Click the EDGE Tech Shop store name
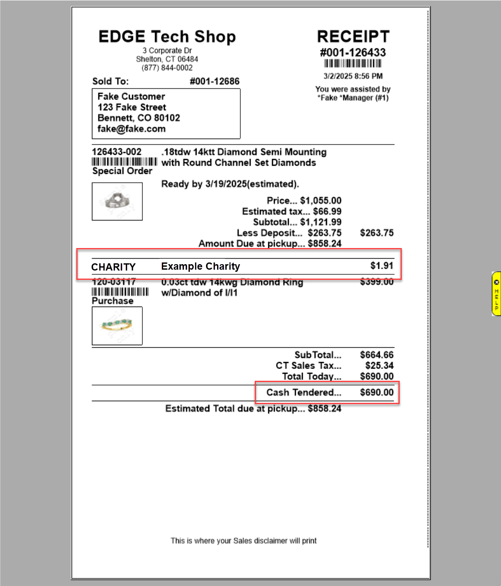pos(167,37)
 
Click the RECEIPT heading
pos(353,36)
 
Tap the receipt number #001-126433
pos(353,53)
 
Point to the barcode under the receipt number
pos(353,64)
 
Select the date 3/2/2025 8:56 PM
pos(353,76)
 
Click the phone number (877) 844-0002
pos(167,68)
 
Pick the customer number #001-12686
pos(214,81)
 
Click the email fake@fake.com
pos(131,129)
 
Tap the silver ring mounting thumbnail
pos(117,201)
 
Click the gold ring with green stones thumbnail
pos(117,326)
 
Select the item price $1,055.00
pos(320,201)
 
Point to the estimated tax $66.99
pos(327,212)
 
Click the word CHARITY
pos(113,267)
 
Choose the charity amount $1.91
pos(381,266)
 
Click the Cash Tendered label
pos(303,393)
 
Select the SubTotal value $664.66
pos(376,355)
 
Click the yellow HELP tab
pos(496,294)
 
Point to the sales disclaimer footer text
pos(243,541)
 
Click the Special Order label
pos(122,171)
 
